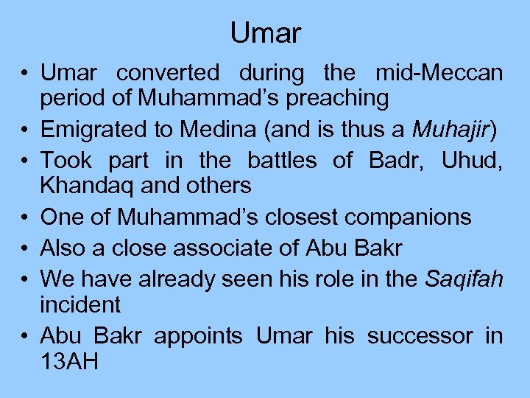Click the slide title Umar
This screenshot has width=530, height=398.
[265, 33]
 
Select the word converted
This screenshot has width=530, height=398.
[168, 74]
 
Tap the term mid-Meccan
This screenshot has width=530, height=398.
[439, 74]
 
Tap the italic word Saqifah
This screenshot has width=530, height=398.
[462, 279]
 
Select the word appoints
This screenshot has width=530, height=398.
[197, 336]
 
